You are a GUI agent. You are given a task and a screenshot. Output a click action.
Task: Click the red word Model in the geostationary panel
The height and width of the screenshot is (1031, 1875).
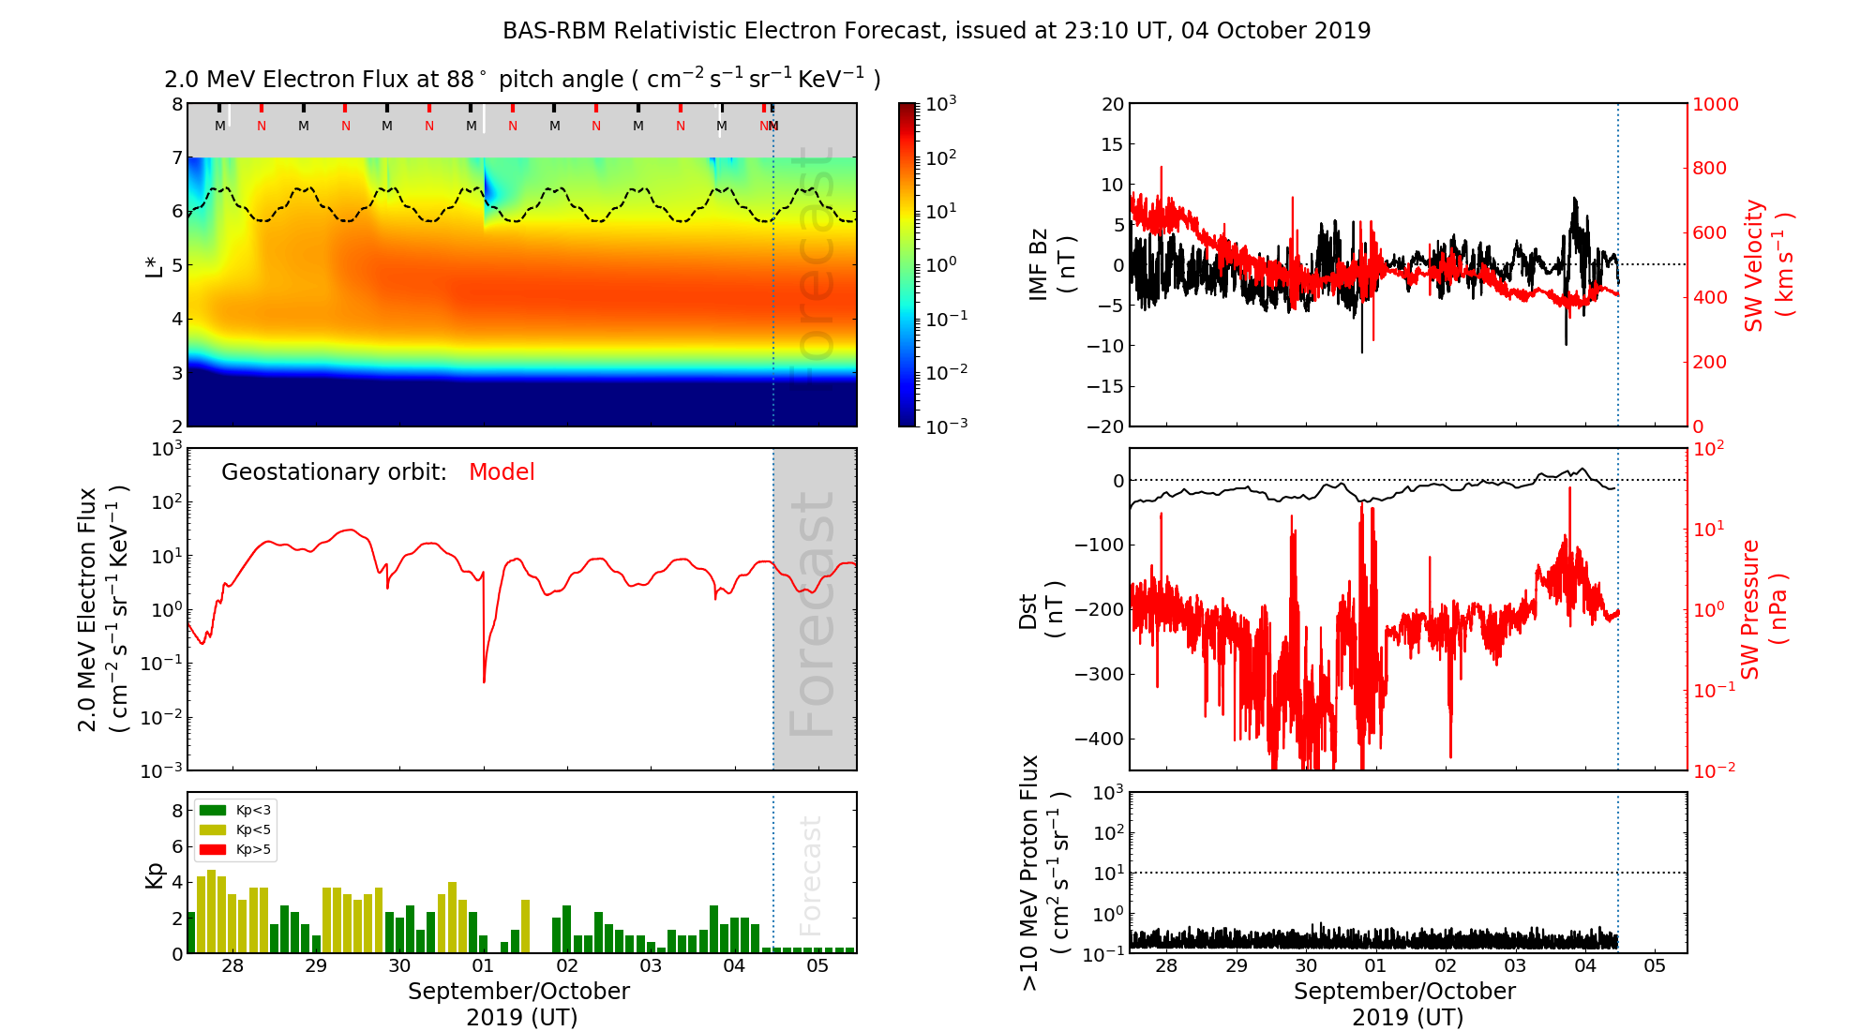[502, 472]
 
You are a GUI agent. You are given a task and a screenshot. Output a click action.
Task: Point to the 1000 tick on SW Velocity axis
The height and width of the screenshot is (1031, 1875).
[1715, 104]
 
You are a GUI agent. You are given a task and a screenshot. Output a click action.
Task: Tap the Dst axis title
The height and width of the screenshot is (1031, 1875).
[1041, 609]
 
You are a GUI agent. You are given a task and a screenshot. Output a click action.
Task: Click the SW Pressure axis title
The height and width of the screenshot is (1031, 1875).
[1762, 609]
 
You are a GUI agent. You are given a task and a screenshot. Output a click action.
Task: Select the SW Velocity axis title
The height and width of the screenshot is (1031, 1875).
[1767, 264]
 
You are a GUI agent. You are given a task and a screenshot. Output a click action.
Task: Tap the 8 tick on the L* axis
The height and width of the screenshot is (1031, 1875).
[177, 104]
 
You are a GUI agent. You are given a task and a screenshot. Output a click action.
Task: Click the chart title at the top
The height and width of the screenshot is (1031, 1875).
[937, 31]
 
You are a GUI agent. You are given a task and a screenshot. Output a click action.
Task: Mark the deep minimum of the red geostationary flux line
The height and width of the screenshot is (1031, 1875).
[484, 681]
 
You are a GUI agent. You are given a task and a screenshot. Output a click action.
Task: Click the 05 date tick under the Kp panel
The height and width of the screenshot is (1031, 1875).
[817, 966]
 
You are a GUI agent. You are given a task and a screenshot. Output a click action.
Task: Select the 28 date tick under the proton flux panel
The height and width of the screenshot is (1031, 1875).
[1165, 966]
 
